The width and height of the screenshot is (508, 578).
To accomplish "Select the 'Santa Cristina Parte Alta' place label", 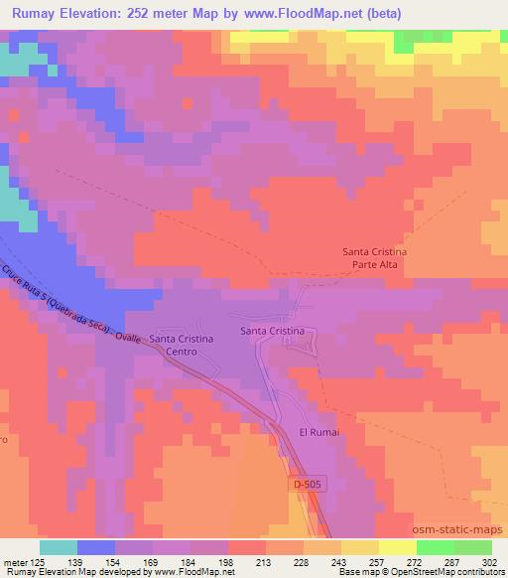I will [x=381, y=258].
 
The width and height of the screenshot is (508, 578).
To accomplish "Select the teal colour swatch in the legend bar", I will [x=59, y=547].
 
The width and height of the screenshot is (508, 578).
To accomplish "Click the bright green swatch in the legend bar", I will [x=436, y=547].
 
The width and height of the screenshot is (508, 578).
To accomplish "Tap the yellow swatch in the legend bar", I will [x=398, y=547].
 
